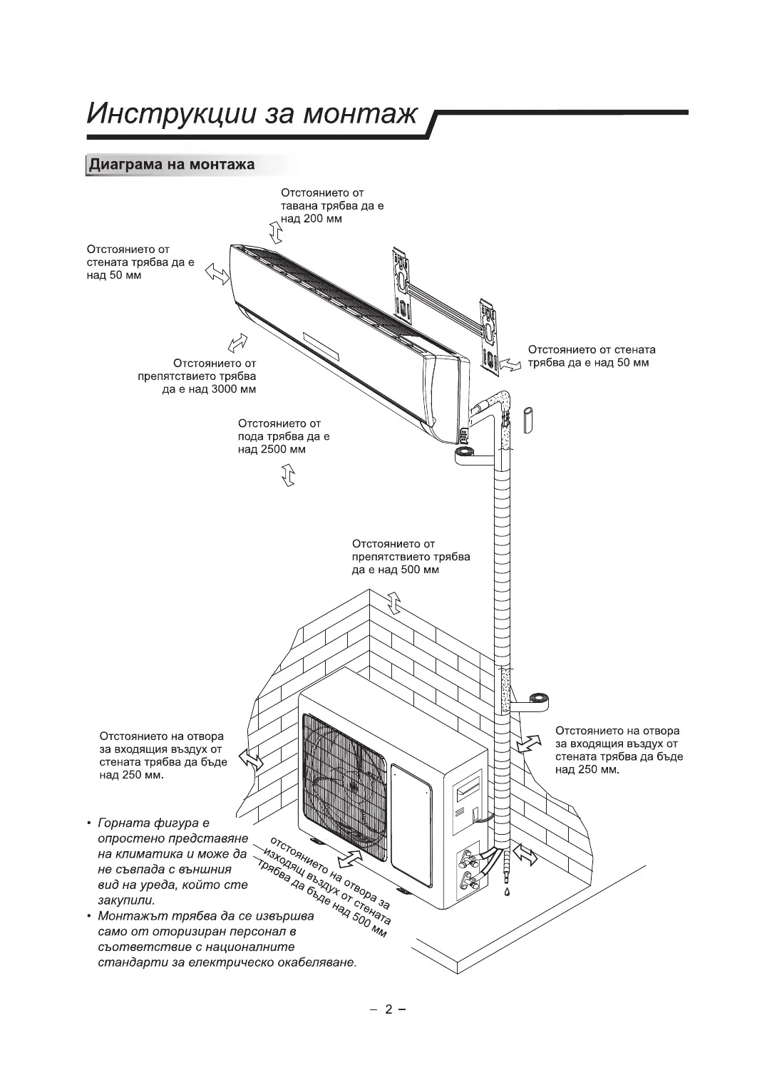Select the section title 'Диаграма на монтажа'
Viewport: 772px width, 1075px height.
[x=171, y=165]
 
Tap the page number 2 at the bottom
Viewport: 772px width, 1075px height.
[x=388, y=1009]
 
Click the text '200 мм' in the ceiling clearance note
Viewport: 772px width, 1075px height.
[x=323, y=219]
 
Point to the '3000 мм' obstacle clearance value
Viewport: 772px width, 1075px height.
[x=235, y=389]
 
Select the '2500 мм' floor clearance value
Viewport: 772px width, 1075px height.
[x=285, y=450]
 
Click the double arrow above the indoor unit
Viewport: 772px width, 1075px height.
[x=275, y=232]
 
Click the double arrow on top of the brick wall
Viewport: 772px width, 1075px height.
[x=393, y=603]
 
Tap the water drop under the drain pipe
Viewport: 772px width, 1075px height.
[x=506, y=892]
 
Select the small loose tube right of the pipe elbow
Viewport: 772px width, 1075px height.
[x=528, y=420]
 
